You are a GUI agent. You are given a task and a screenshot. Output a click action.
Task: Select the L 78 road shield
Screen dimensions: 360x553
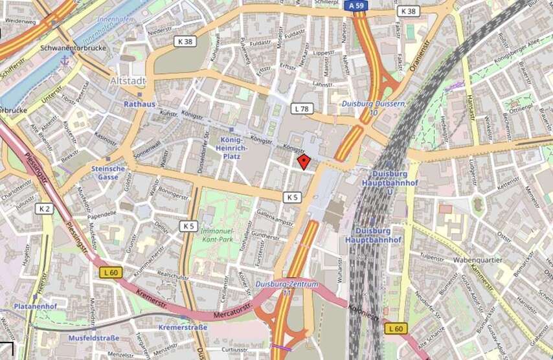tap(300, 108)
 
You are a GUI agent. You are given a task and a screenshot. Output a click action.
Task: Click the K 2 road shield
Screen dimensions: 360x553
tap(45, 208)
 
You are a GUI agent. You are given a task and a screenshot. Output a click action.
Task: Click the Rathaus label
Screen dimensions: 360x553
tap(140, 104)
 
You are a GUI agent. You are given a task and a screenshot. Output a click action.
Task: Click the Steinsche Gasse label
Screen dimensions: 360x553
tap(108, 172)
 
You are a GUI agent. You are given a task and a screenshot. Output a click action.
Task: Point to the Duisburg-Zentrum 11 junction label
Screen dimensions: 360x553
tap(287, 287)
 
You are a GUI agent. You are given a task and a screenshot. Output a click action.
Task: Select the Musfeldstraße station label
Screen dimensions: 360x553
tap(95, 338)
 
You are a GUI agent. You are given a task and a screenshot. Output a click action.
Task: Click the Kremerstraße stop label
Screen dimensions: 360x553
tap(183, 328)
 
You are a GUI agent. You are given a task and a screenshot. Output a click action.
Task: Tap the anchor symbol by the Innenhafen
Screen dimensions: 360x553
tap(64, 60)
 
